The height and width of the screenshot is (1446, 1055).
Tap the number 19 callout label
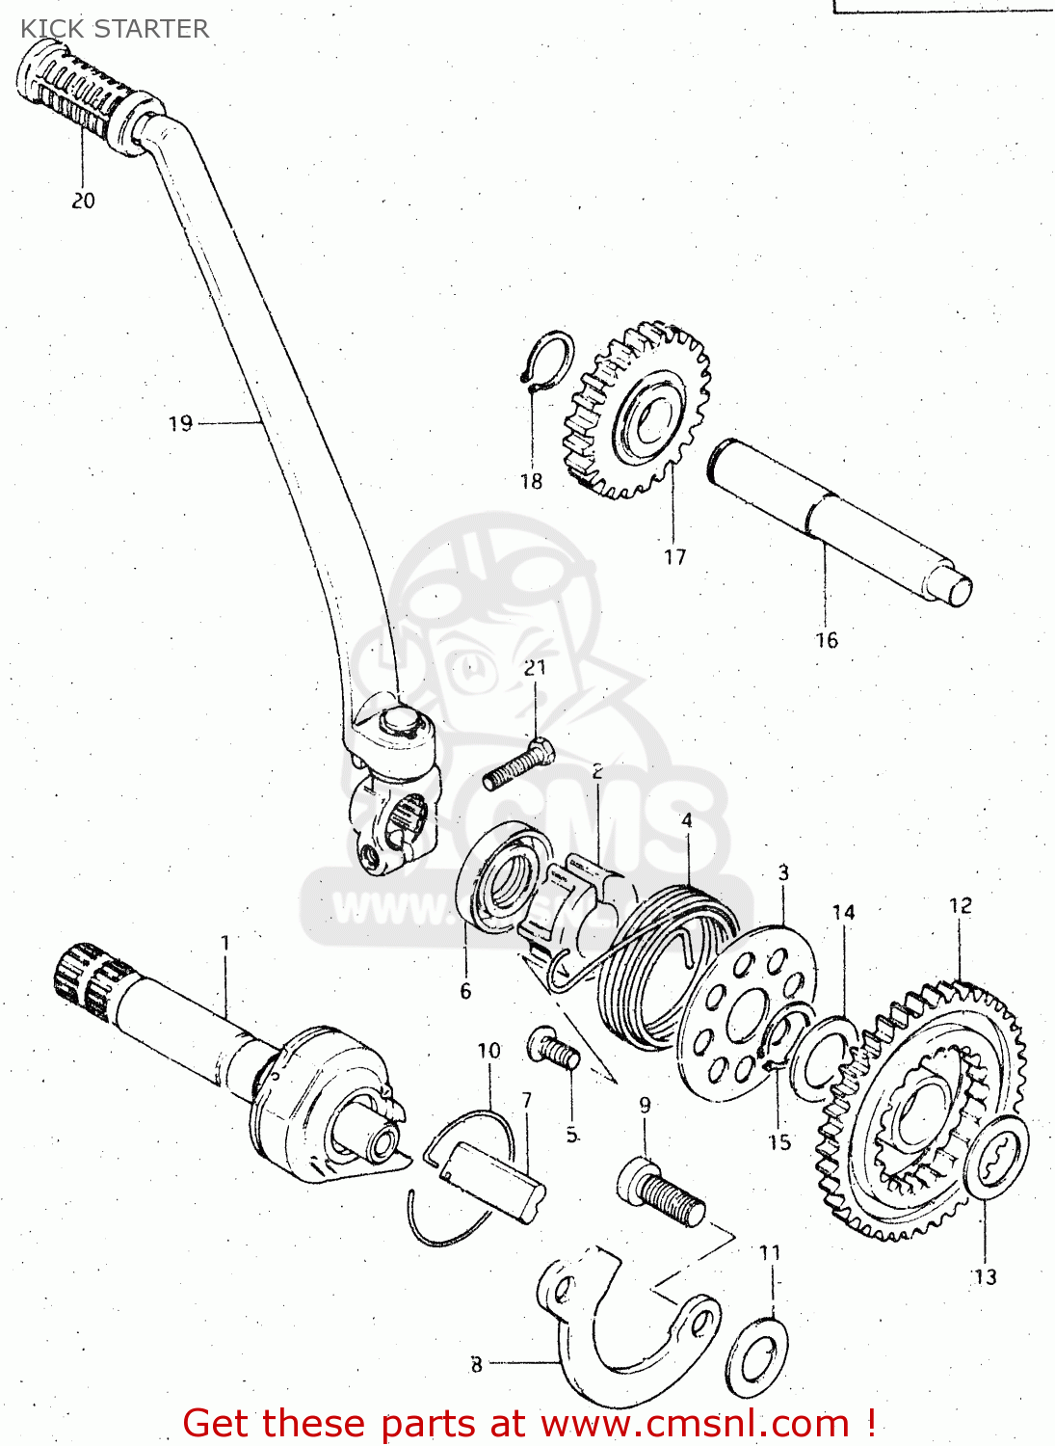click(180, 423)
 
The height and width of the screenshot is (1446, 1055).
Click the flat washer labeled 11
click(755, 1355)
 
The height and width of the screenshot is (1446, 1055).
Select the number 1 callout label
click(225, 942)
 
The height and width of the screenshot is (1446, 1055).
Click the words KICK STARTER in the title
click(115, 29)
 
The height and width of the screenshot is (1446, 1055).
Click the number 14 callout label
click(843, 912)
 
